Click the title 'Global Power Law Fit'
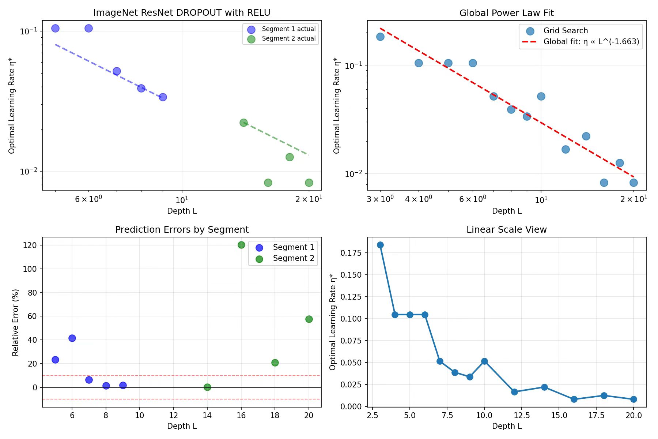coord(506,13)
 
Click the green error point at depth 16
coord(241,245)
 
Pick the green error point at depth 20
coord(309,319)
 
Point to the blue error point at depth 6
coord(72,338)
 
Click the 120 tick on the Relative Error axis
coord(30,245)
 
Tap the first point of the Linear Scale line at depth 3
coord(380,245)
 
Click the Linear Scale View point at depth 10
coord(484,361)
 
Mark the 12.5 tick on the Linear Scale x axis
coord(522,415)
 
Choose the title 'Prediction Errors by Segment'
coord(182,229)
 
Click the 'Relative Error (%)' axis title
coord(15,322)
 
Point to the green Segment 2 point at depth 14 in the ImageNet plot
coord(243,123)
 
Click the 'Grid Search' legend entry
coord(565,31)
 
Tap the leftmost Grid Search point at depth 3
coord(380,37)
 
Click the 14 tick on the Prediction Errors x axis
coord(207,415)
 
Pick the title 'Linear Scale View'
coord(506,229)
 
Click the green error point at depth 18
coord(275,363)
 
